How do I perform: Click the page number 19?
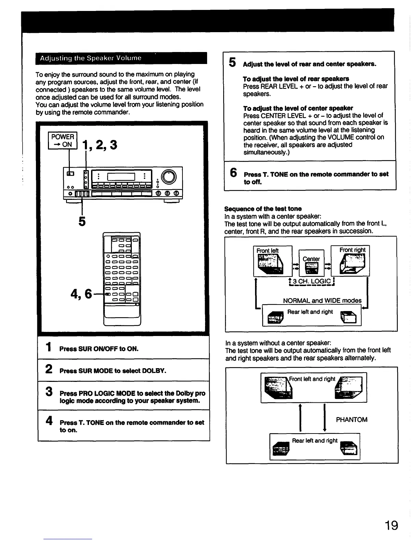tap(391, 525)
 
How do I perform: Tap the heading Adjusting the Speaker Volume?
tap(90, 58)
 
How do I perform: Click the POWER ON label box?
tap(62, 141)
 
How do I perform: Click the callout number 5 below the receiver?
tap(82, 221)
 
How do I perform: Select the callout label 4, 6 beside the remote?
tap(81, 294)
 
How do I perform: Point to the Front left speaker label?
tap(267, 251)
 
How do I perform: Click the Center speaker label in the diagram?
tap(311, 259)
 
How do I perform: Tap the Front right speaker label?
tap(352, 250)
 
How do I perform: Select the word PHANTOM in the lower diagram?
tap(352, 420)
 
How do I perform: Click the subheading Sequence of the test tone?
tap(263, 209)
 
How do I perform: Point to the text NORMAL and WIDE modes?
tap(322, 300)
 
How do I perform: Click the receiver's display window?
tap(122, 177)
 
